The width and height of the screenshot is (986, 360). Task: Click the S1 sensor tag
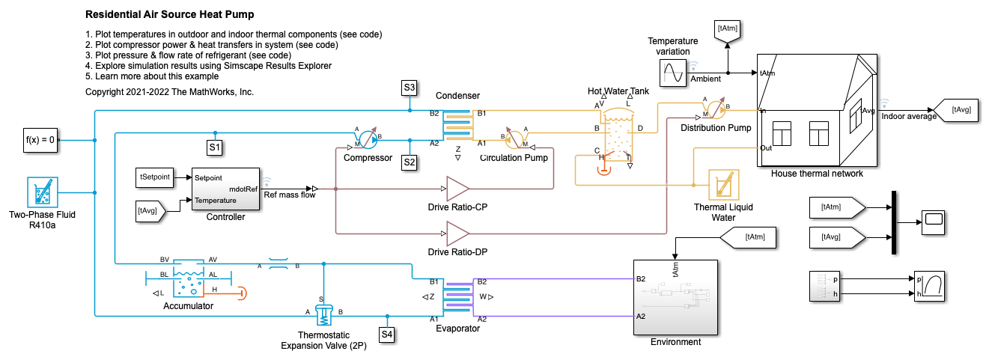215,147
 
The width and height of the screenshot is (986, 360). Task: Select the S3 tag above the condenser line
409,88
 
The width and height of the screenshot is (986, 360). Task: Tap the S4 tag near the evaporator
386,334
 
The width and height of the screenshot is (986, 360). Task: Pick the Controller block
225,189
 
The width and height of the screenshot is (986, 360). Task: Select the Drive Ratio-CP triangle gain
457,189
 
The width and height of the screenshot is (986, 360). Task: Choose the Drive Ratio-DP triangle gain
457,234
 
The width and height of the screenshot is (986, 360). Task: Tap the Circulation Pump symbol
515,140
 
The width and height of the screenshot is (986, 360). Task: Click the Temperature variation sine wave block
672,73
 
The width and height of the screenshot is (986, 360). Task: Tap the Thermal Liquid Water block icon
723,185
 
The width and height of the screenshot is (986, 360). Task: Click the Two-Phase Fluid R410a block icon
42,192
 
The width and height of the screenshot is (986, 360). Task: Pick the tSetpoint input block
154,177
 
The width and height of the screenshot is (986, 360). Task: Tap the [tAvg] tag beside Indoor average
960,110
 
